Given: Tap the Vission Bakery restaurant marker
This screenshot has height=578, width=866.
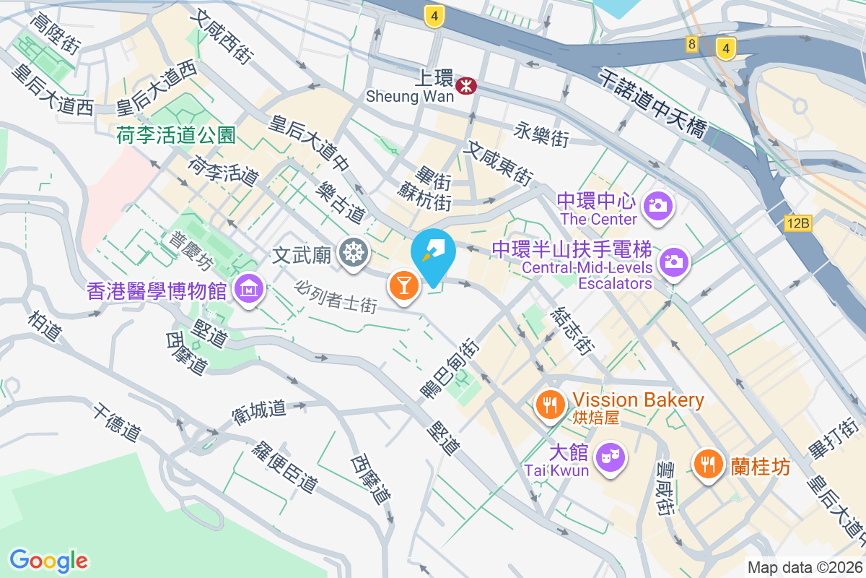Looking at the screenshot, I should pos(551,404).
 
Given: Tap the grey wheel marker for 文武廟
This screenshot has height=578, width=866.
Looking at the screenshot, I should pos(354,253).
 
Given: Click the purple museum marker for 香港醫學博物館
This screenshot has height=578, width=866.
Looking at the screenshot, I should pos(249,289).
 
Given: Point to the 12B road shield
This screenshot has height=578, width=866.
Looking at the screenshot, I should pos(797,223).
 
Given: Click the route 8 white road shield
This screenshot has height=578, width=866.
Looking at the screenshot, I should pos(692,45).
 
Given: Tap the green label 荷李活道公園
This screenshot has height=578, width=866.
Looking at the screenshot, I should pos(176,135).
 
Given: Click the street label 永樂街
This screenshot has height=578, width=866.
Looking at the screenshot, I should pos(542,134).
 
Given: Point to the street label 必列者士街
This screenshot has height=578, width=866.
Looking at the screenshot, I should pos(336,296).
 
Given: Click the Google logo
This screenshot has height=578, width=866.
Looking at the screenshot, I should pos(48,561).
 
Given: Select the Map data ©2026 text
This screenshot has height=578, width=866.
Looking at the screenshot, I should pos(805,568).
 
